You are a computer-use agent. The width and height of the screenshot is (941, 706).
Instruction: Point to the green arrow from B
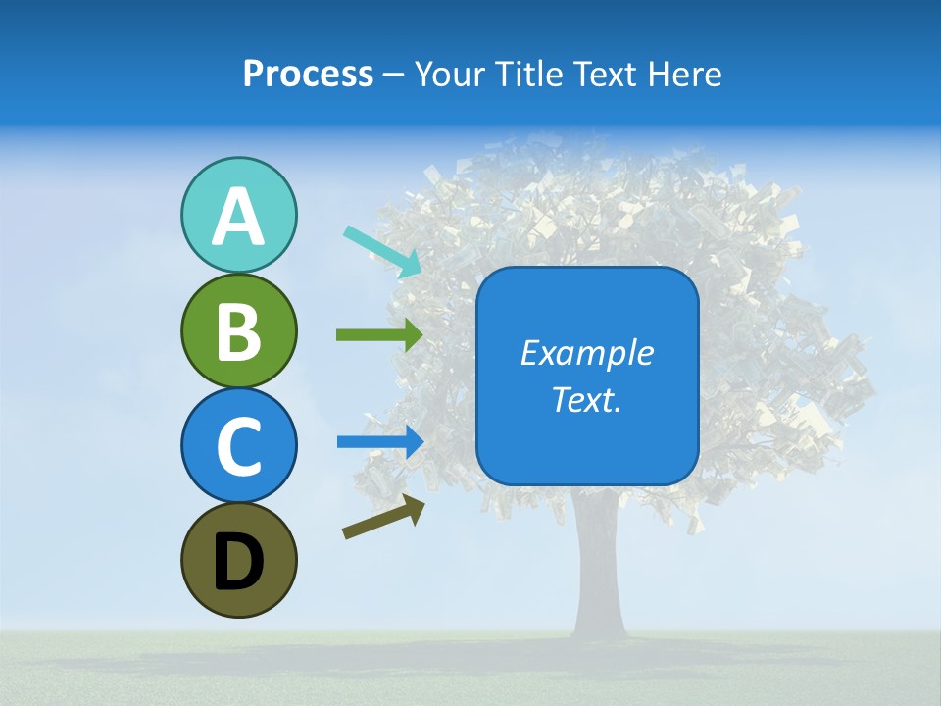coord(379,335)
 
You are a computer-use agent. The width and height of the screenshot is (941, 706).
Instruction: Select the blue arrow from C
coord(380,441)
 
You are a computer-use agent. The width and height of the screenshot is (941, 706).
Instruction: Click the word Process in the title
coord(308,75)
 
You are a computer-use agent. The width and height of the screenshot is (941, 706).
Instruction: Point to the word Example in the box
coord(586,353)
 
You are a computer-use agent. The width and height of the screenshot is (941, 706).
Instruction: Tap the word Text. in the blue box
coord(586,399)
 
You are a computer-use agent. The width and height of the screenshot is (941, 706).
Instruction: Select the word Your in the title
coord(448,75)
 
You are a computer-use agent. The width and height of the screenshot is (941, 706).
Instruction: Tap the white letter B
coord(238,331)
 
